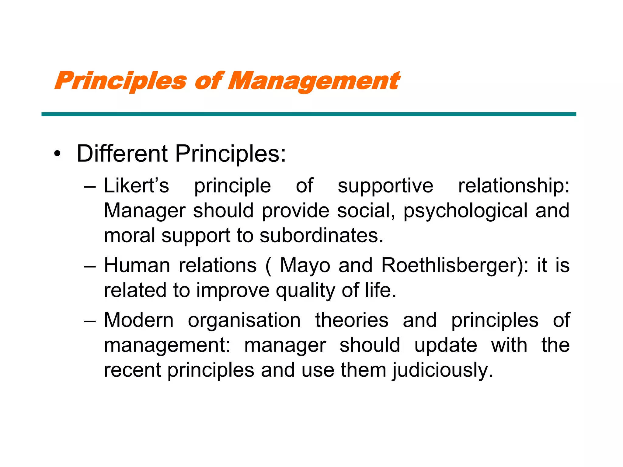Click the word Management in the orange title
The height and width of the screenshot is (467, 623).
pos(314,81)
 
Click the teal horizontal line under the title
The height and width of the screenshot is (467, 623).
pos(308,114)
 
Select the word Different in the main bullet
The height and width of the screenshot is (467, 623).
pos(122,154)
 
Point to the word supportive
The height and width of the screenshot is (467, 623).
pos(385,186)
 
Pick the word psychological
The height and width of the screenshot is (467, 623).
pos(465,211)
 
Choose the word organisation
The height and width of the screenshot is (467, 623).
pos(244,320)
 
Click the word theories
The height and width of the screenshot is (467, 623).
pos(352,320)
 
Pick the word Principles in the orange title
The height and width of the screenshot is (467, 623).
pos(120,81)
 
